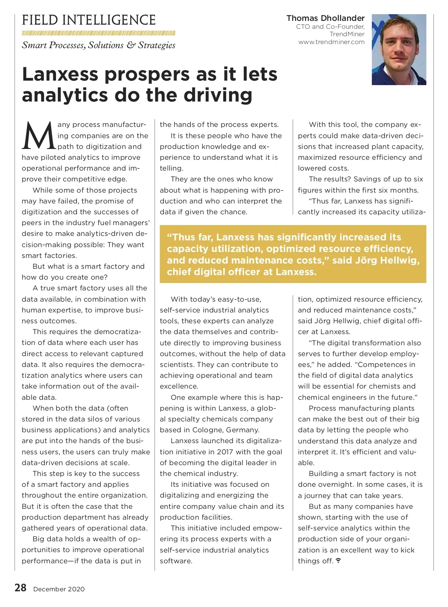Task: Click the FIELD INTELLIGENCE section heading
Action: click(x=88, y=20)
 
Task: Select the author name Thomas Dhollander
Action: click(x=325, y=18)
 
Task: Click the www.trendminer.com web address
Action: click(x=331, y=42)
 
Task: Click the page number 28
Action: click(x=20, y=588)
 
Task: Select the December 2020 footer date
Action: click(x=59, y=589)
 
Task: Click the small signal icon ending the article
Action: click(x=338, y=561)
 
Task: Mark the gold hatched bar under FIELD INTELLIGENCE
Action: click(x=99, y=33)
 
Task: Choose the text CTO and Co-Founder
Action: click(x=330, y=27)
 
